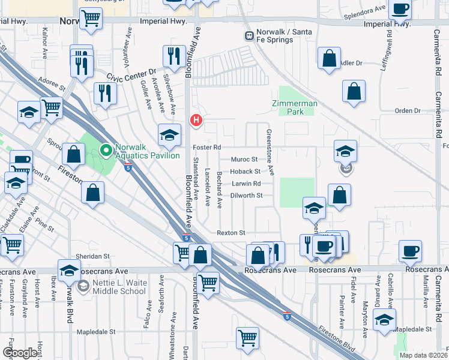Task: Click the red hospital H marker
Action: (196, 121)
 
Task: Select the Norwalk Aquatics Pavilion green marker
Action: (106, 150)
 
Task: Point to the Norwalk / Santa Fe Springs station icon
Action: (248, 36)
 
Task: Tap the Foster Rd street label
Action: (207, 147)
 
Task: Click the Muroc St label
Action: (244, 160)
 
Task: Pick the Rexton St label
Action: (231, 233)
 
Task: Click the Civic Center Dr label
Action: (130, 74)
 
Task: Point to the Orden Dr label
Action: (408, 110)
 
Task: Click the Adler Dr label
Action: (351, 62)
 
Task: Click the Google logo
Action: (20, 353)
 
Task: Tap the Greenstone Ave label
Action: (271, 153)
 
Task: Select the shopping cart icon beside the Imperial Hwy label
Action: (91, 18)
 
